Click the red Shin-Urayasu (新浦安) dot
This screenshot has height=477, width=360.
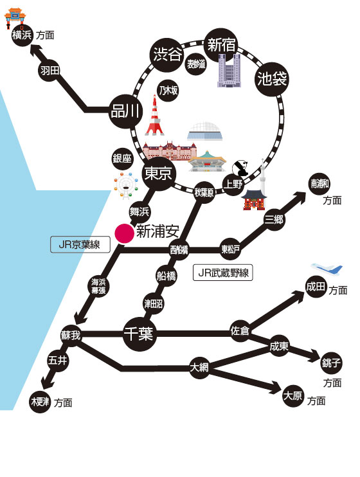pos(124,233)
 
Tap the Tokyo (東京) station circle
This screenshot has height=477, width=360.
pos(158,174)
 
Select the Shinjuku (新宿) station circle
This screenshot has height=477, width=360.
pos(221,45)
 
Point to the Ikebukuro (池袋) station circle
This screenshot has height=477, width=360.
pos(272,79)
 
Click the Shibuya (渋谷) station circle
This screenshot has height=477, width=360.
pos(167,55)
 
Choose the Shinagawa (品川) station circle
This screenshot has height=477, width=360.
pos(126,111)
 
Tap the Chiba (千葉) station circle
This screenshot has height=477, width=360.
pos(139,334)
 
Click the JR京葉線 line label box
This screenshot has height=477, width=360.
pos(80,244)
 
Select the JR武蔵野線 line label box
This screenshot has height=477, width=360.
pos(223,273)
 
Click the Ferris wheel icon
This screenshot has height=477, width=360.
pos(126,186)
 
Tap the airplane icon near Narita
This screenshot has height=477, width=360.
pos(327,269)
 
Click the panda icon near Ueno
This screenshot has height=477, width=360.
pos(240,168)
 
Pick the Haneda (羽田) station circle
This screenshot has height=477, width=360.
pos(50,71)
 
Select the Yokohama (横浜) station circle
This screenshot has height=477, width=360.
pos(22,35)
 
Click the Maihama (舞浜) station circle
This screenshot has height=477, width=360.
pos(139,212)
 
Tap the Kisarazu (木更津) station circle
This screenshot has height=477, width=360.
pos(40,402)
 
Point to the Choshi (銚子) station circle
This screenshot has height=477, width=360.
pos(331,363)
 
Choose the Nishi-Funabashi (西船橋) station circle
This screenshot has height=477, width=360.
pos(179,250)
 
